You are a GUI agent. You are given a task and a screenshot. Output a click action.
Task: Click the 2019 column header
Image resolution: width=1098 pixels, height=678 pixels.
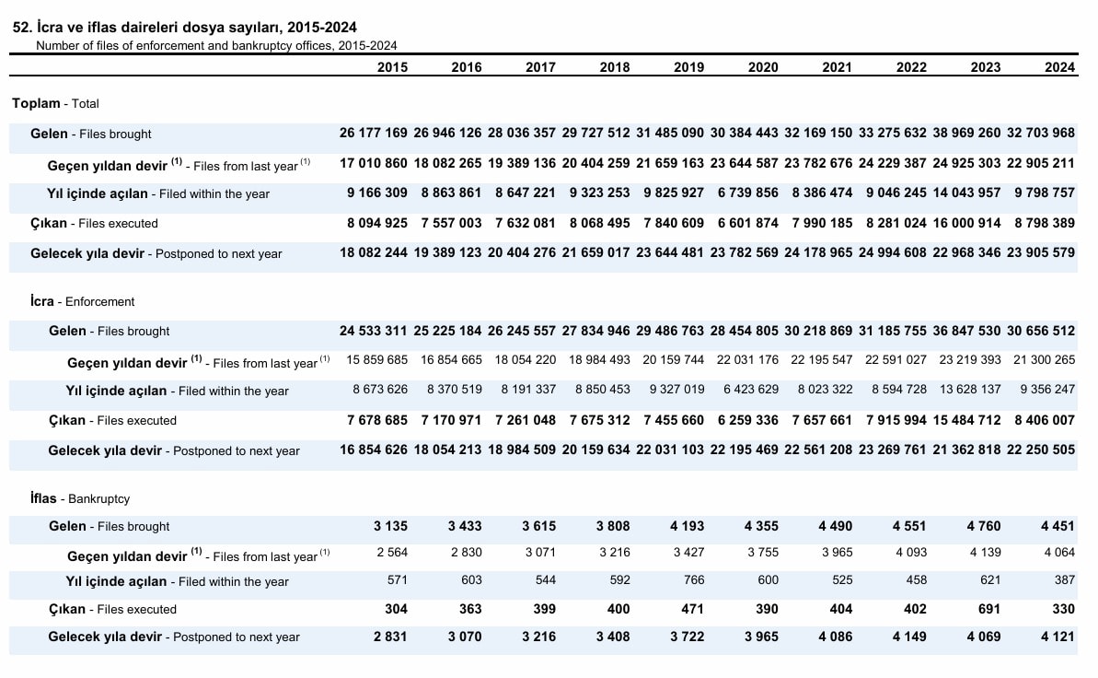pos(688,67)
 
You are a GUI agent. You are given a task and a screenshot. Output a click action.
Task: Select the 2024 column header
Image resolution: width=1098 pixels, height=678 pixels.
pos(1059,67)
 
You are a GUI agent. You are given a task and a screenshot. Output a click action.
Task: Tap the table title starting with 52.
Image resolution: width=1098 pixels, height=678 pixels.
pos(185,28)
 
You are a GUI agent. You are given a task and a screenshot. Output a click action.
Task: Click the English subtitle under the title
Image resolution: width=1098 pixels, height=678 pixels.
pos(216,45)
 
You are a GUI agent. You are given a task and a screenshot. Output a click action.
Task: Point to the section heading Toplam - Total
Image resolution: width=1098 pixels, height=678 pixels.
pos(55,103)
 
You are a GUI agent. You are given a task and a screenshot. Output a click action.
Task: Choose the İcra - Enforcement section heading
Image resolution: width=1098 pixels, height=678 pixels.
pos(83,301)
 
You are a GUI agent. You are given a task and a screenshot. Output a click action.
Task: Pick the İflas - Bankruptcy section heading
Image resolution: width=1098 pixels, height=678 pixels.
pos(80,498)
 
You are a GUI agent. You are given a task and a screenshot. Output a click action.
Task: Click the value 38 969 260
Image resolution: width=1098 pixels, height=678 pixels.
pos(966,133)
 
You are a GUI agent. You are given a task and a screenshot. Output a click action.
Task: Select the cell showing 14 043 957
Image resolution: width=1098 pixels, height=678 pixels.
pos(966,193)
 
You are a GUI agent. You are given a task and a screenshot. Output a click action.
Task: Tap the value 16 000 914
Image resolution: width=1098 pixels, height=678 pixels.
pos(966,223)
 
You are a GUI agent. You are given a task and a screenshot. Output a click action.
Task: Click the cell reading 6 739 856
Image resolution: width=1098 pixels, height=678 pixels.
pos(748,193)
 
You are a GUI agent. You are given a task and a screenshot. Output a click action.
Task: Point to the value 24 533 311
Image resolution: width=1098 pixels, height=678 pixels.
pos(374,330)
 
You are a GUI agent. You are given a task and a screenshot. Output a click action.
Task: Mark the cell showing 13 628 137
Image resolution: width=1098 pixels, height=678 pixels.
pos(970,389)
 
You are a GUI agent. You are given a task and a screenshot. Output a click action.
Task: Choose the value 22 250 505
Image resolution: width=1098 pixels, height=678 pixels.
pos(1041,450)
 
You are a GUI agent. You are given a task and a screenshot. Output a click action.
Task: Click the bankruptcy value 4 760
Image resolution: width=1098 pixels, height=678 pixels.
pos(984,526)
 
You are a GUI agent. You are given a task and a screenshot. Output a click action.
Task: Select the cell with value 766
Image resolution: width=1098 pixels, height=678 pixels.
pos(693,579)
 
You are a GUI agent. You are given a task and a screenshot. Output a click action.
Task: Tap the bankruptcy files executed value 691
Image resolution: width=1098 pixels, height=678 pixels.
pos(988,609)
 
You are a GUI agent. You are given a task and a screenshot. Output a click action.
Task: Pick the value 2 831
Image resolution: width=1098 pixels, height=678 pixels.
pos(390,637)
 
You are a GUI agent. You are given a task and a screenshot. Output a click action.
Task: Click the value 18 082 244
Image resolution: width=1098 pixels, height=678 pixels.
pos(374,252)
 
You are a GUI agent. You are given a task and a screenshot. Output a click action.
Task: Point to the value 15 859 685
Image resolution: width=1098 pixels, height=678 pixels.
pos(376,359)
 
